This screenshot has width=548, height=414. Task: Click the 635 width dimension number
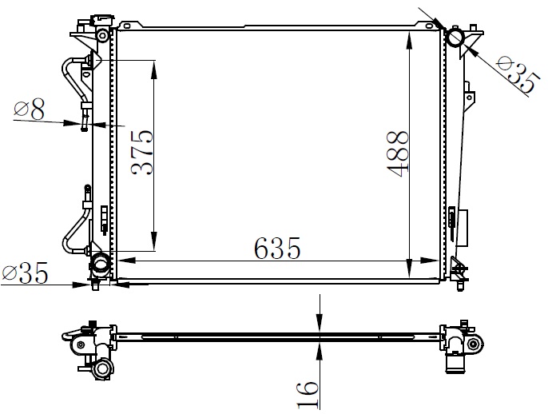coord(277,249)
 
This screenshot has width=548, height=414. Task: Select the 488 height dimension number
coord(398,153)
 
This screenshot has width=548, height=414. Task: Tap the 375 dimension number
coord(142,152)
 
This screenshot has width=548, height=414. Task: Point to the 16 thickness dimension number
coord(308,395)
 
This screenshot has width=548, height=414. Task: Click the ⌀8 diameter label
coord(30,109)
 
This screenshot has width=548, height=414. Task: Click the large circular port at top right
coord(455,37)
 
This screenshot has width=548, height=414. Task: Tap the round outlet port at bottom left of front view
coord(101,263)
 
